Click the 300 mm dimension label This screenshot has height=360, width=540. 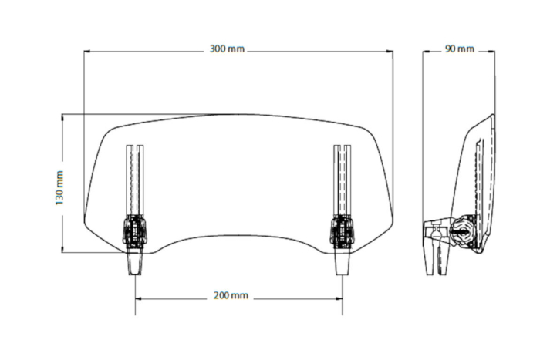227,49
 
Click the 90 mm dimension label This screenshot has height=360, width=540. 460,49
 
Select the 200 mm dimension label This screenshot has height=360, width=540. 230,295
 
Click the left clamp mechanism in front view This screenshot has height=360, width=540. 134,230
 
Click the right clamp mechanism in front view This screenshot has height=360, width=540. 342,230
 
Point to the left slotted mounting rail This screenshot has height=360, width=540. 135,180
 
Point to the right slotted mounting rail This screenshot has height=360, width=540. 342,180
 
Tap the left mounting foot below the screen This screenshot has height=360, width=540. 134,261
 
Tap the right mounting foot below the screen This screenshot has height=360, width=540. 342,261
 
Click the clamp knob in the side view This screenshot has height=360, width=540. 458,230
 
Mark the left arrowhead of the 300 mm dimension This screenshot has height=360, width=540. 87,52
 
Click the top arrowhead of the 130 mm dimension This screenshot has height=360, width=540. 62,118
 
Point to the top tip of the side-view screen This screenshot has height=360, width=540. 492,116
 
